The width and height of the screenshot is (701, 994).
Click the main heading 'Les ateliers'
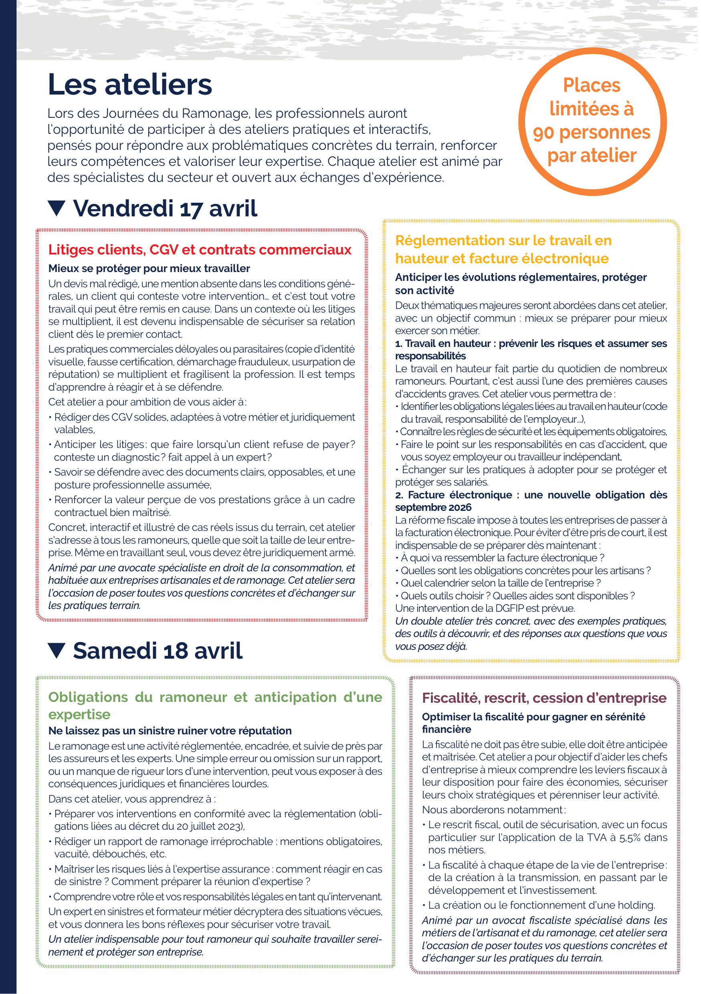coord(130,85)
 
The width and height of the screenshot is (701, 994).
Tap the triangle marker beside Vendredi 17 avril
coord(57,208)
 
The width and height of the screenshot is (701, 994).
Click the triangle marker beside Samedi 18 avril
coord(57,651)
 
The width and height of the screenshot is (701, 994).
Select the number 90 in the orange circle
coord(544,133)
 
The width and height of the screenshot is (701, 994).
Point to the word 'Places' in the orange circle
coord(592,85)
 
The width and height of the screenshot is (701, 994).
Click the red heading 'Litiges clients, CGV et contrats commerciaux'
coord(200,250)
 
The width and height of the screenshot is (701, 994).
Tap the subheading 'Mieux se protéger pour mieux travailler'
coord(149,268)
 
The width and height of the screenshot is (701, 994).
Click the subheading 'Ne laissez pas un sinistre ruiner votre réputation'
coord(170,731)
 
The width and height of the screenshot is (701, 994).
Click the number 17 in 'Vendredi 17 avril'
coord(190,209)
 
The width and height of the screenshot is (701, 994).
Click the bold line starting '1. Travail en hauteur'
coord(530,344)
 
